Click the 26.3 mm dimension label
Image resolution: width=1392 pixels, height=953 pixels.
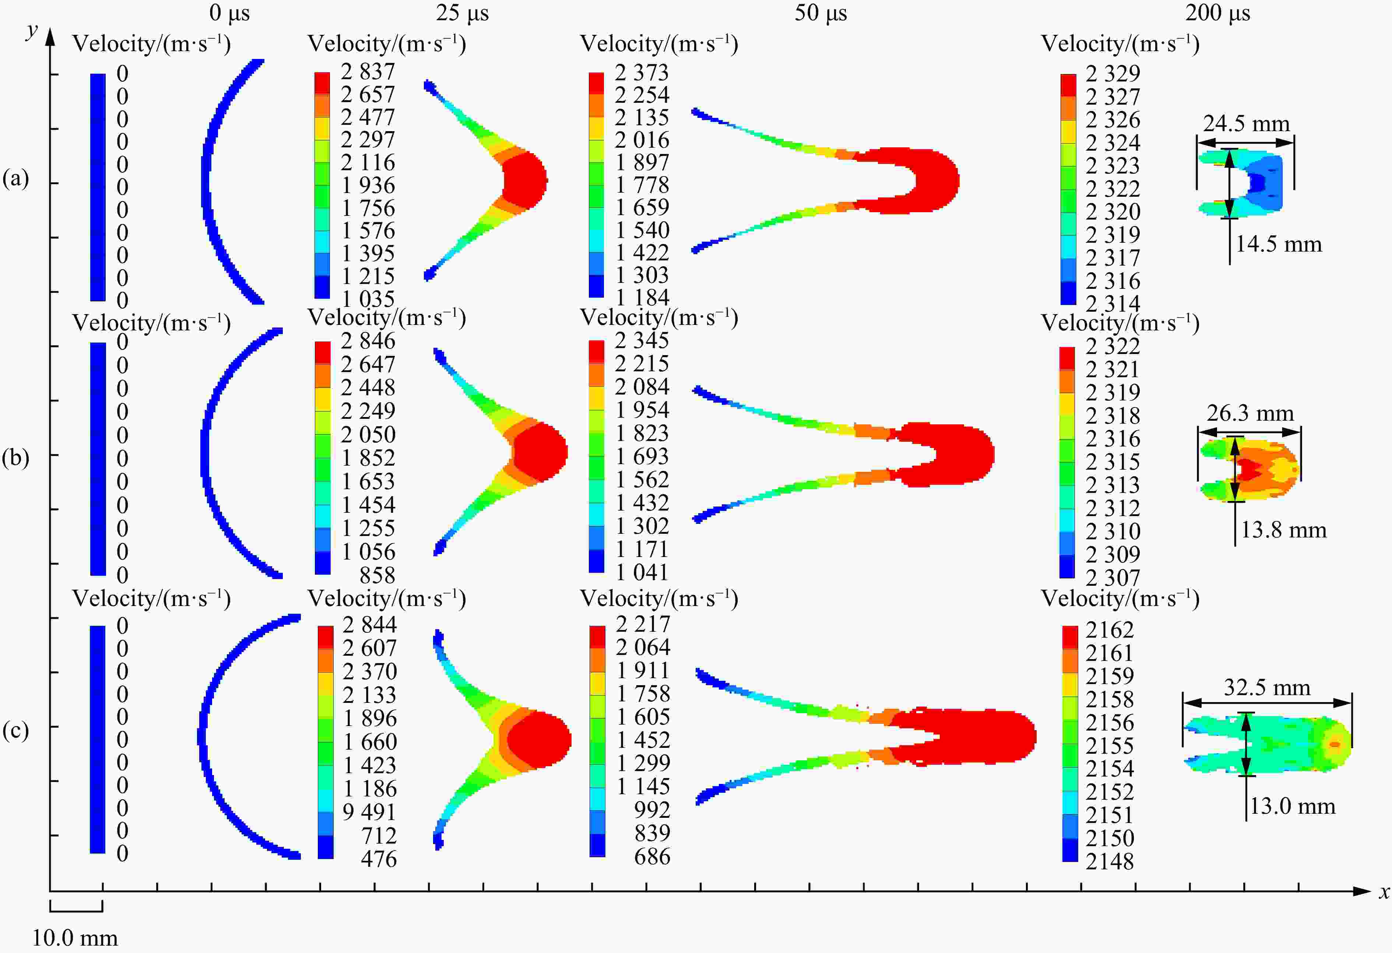(1250, 413)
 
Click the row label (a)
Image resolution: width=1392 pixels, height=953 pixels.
(15, 179)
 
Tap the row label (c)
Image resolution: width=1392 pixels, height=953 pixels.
(15, 731)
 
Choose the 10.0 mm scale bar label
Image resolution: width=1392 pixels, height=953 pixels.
(75, 938)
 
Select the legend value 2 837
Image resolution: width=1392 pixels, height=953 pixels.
(368, 72)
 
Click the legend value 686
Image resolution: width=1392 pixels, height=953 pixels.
(652, 856)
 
